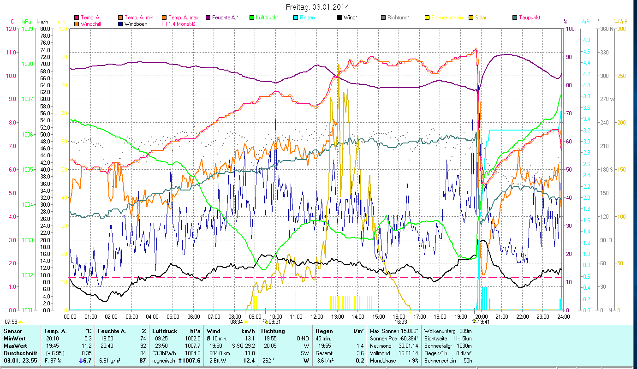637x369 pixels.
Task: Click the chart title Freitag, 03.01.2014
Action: (x=317, y=7)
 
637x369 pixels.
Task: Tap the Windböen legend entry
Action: (x=136, y=24)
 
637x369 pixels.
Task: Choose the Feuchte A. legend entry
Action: (x=225, y=18)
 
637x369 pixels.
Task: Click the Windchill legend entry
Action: (x=92, y=24)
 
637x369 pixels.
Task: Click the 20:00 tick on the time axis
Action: (x=481, y=317)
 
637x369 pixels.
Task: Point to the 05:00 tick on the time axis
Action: (x=173, y=317)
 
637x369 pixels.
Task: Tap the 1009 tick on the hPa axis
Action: (x=27, y=29)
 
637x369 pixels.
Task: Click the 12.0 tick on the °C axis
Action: (x=11, y=29)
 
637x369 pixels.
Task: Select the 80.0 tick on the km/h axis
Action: (x=45, y=29)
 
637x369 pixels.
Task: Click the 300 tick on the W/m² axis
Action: (x=621, y=29)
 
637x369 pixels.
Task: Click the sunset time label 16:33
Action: (x=400, y=322)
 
